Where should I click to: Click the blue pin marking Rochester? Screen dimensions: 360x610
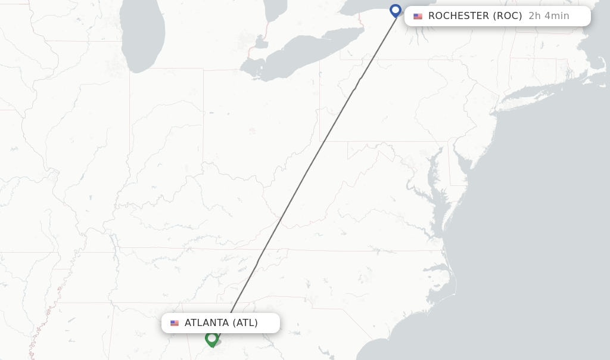click(x=396, y=11)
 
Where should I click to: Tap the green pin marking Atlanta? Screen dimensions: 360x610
click(x=211, y=339)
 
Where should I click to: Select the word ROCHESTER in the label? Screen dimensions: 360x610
click(x=458, y=16)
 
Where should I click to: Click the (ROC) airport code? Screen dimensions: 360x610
click(x=508, y=16)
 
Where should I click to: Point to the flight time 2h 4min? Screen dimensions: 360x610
click(x=549, y=16)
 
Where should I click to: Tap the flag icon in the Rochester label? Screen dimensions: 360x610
click(x=418, y=17)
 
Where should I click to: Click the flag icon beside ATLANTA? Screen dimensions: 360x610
click(x=175, y=323)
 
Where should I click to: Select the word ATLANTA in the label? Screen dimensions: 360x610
click(x=207, y=323)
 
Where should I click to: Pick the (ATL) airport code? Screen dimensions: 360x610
click(x=245, y=323)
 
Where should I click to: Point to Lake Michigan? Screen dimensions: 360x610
click(x=141, y=36)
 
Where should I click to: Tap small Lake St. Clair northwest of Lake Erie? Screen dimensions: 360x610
click(x=260, y=42)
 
